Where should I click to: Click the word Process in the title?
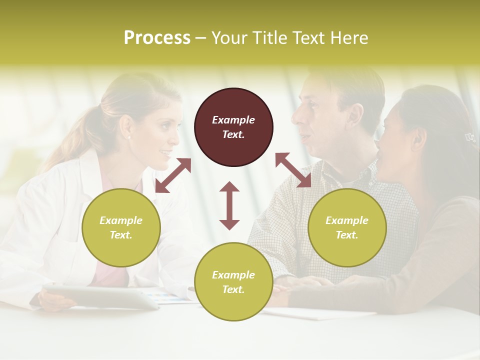[157, 38]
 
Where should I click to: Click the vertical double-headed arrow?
[229, 205]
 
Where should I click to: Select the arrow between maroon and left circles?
[173, 175]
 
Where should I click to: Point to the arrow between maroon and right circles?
[293, 170]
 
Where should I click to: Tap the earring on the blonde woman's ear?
[129, 137]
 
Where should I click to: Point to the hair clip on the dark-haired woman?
[469, 137]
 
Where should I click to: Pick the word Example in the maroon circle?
[233, 120]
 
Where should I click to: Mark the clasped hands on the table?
[295, 287]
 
